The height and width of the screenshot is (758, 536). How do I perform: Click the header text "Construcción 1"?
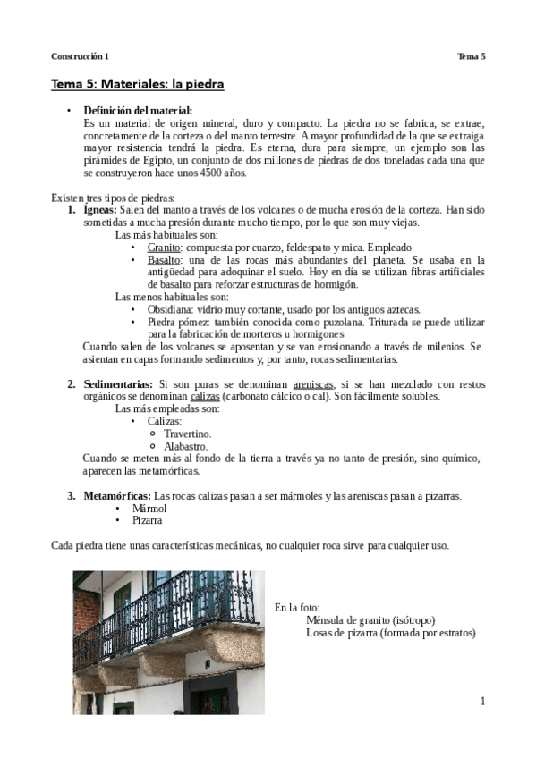(80, 56)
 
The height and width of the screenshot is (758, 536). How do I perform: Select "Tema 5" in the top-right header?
(471, 56)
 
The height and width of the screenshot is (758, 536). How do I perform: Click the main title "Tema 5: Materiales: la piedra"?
(137, 85)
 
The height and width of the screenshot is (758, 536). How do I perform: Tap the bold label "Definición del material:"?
(132, 110)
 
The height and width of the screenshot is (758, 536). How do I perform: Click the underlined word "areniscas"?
(319, 383)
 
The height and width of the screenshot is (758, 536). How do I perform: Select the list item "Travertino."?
(187, 433)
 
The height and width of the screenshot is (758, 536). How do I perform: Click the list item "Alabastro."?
(185, 445)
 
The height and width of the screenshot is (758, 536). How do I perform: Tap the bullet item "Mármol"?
(149, 508)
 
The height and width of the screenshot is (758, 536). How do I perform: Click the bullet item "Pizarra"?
(147, 519)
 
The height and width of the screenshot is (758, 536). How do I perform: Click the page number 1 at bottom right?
(481, 702)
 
